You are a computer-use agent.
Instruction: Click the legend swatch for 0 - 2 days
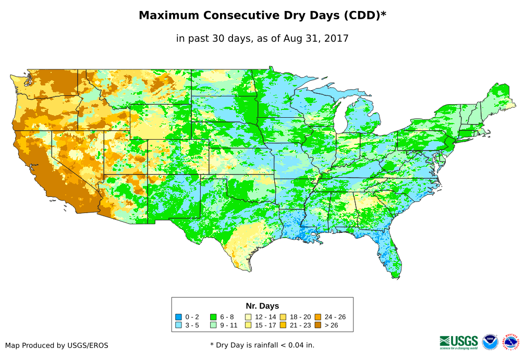click(x=179, y=317)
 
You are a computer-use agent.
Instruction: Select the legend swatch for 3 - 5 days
click(x=179, y=325)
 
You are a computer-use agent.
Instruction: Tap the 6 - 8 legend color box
click(x=213, y=317)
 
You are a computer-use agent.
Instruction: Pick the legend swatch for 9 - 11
click(x=213, y=325)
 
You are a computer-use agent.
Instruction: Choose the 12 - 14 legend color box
click(x=248, y=317)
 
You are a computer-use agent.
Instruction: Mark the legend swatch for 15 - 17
click(x=248, y=325)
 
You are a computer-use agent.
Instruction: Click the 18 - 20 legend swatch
click(x=283, y=317)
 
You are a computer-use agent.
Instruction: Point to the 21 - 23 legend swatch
click(x=283, y=325)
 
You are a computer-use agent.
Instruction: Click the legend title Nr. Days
click(x=262, y=306)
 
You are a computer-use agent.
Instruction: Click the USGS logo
click(x=459, y=342)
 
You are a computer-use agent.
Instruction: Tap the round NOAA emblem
click(x=490, y=342)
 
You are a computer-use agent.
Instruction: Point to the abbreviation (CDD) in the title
click(x=360, y=16)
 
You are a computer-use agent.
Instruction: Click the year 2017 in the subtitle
click(x=336, y=38)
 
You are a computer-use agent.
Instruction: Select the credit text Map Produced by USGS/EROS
click(x=57, y=345)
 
